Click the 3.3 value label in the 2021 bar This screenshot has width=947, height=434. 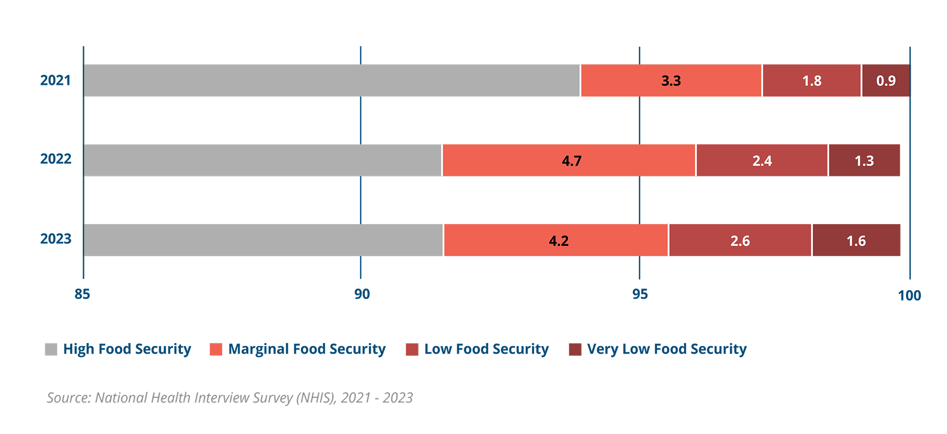coord(671,81)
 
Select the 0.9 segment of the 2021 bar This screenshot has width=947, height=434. coord(886,81)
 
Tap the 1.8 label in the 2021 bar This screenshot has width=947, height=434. coord(812,81)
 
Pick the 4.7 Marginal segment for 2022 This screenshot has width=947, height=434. coord(571,161)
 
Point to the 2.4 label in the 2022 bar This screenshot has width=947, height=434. coord(762,161)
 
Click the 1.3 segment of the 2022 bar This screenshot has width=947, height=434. coord(864,161)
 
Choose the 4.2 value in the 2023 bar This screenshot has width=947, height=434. coord(558,241)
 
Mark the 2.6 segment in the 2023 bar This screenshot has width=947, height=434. coord(740,241)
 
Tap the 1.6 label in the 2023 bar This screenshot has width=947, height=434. coord(856,241)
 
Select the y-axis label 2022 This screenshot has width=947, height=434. coord(56,160)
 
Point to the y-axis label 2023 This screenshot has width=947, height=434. coord(56,239)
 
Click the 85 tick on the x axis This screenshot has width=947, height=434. coord(82,294)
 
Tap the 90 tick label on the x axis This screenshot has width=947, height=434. coord(362,294)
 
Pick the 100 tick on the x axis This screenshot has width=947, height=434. coord(909,296)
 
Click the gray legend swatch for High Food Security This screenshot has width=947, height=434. coord(51,350)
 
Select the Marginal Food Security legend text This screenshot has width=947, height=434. coord(307,349)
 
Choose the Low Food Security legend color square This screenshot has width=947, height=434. coord(412,350)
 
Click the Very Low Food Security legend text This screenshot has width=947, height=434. coord(666,349)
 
